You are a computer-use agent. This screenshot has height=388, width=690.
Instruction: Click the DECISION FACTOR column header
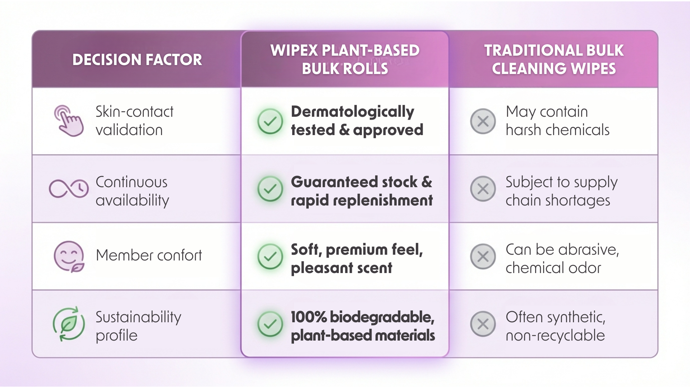pyautogui.click(x=137, y=60)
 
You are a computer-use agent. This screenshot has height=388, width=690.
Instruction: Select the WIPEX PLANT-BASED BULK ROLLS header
pyautogui.click(x=345, y=59)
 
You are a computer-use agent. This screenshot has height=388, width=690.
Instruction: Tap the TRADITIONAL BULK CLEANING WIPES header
pyautogui.click(x=554, y=59)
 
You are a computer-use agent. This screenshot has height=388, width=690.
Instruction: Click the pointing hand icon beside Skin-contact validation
pyautogui.click(x=69, y=121)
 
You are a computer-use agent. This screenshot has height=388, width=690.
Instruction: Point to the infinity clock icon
pyautogui.click(x=69, y=189)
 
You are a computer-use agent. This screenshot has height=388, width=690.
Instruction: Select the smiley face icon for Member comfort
pyautogui.click(x=69, y=257)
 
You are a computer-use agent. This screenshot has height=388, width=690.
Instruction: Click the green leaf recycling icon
pyautogui.click(x=69, y=324)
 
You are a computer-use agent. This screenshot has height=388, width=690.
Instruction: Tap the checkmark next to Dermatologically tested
pyautogui.click(x=270, y=121)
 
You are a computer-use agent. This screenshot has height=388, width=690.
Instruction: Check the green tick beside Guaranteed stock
pyautogui.click(x=270, y=189)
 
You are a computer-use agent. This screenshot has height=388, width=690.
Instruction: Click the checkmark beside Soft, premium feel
pyautogui.click(x=270, y=257)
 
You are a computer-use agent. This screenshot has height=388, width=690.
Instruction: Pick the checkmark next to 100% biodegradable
pyautogui.click(x=270, y=324)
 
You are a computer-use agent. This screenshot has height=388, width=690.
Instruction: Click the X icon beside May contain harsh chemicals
pyautogui.click(x=483, y=121)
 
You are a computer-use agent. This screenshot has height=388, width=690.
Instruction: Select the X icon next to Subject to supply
pyautogui.click(x=483, y=189)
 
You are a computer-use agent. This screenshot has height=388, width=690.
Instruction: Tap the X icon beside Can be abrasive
pyautogui.click(x=483, y=257)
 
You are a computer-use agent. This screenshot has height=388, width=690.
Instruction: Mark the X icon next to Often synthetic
pyautogui.click(x=483, y=324)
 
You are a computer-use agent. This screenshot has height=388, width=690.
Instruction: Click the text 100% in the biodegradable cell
pyautogui.click(x=309, y=317)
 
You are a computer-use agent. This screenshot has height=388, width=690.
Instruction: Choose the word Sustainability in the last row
pyautogui.click(x=138, y=318)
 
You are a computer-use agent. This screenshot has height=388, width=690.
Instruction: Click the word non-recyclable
pyautogui.click(x=555, y=336)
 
